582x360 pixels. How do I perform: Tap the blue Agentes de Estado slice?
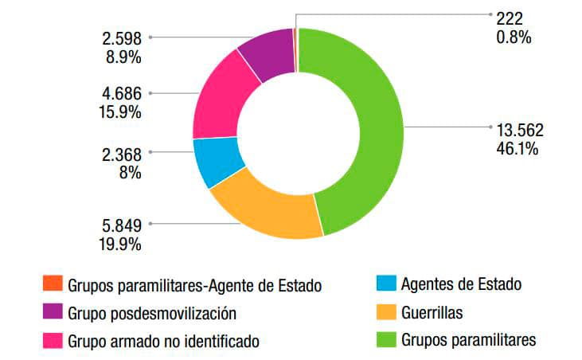tap(217, 162)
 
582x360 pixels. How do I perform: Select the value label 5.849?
tap(122, 225)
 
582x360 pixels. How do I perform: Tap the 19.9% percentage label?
tap(122, 244)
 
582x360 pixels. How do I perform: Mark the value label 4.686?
tap(122, 94)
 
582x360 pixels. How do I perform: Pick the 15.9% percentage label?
tap(122, 112)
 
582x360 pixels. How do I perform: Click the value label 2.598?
tap(122, 37)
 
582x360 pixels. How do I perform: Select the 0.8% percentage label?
tap(513, 36)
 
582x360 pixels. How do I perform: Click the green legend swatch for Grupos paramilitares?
tap(385, 339)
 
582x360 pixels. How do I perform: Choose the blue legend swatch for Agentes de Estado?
tap(385, 284)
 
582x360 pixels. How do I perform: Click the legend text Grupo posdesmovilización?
tap(152, 312)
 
